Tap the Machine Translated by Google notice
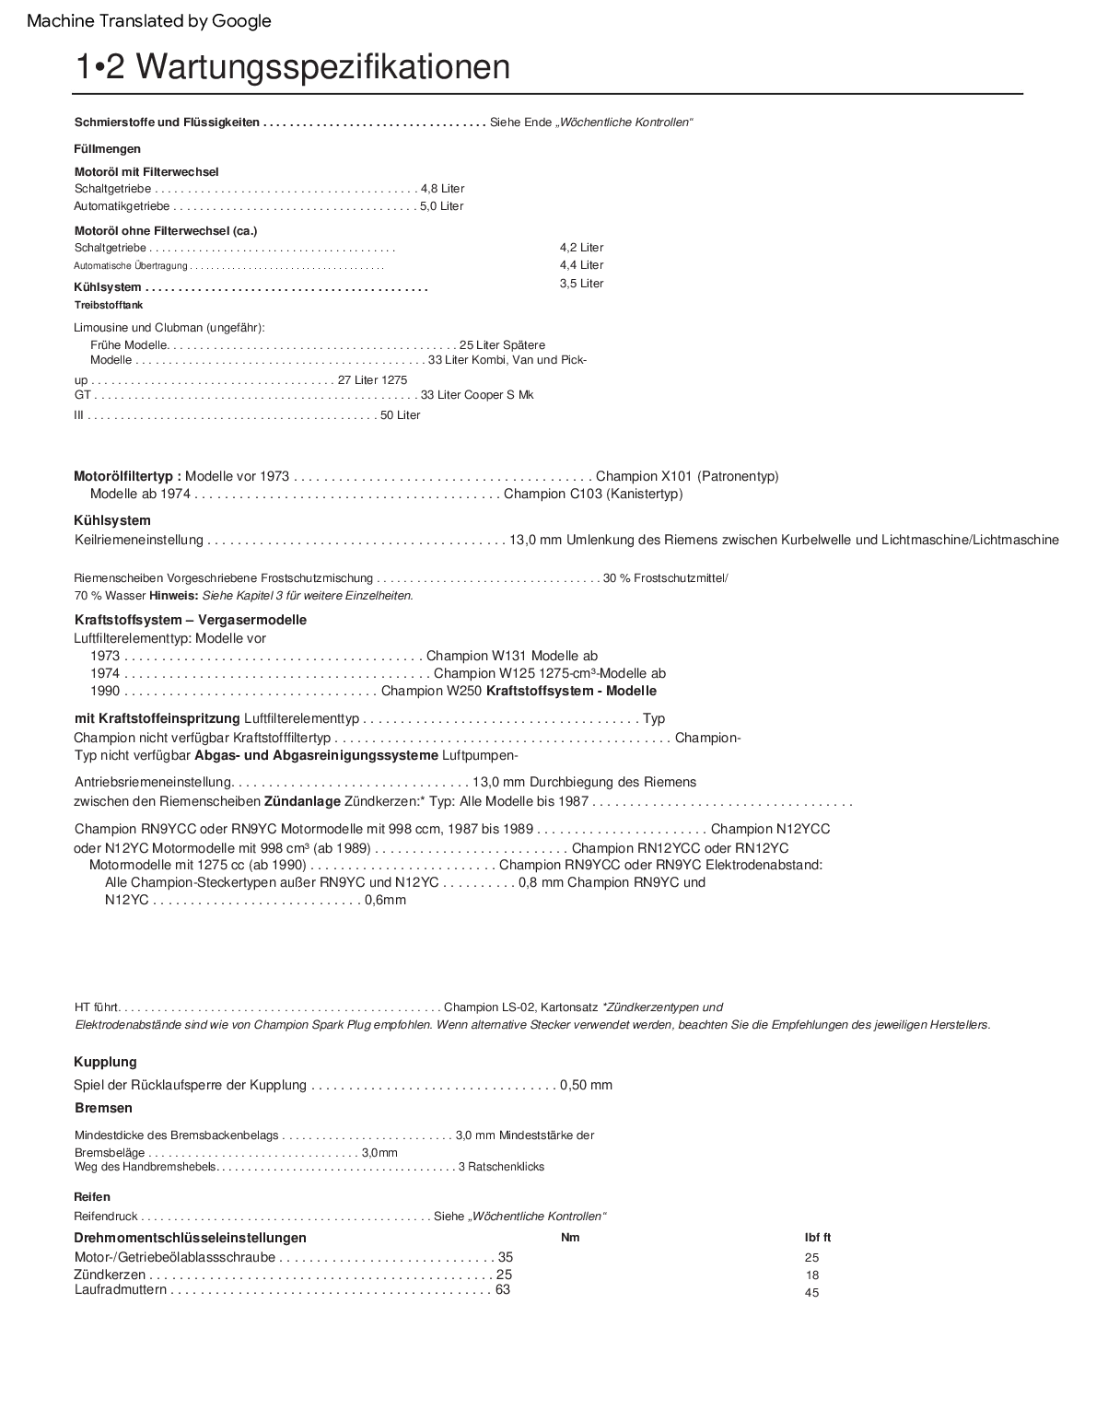[x=149, y=20]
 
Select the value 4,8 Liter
[x=442, y=189]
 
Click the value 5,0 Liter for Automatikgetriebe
[x=441, y=206]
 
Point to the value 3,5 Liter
[x=581, y=284]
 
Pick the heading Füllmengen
[x=107, y=149]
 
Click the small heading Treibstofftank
[x=108, y=305]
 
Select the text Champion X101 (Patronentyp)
[x=687, y=476]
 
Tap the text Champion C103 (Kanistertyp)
[x=593, y=494]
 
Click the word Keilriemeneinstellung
[x=138, y=540]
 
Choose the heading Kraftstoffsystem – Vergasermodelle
[x=190, y=620]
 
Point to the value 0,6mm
[x=385, y=900]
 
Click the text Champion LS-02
[x=489, y=1007]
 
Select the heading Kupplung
[x=105, y=1062]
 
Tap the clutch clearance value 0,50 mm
[x=586, y=1085]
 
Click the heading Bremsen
[x=103, y=1108]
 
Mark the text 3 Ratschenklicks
[x=501, y=1167]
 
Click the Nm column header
[x=570, y=1238]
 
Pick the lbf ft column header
[x=818, y=1238]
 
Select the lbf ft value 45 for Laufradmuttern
[x=811, y=1293]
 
